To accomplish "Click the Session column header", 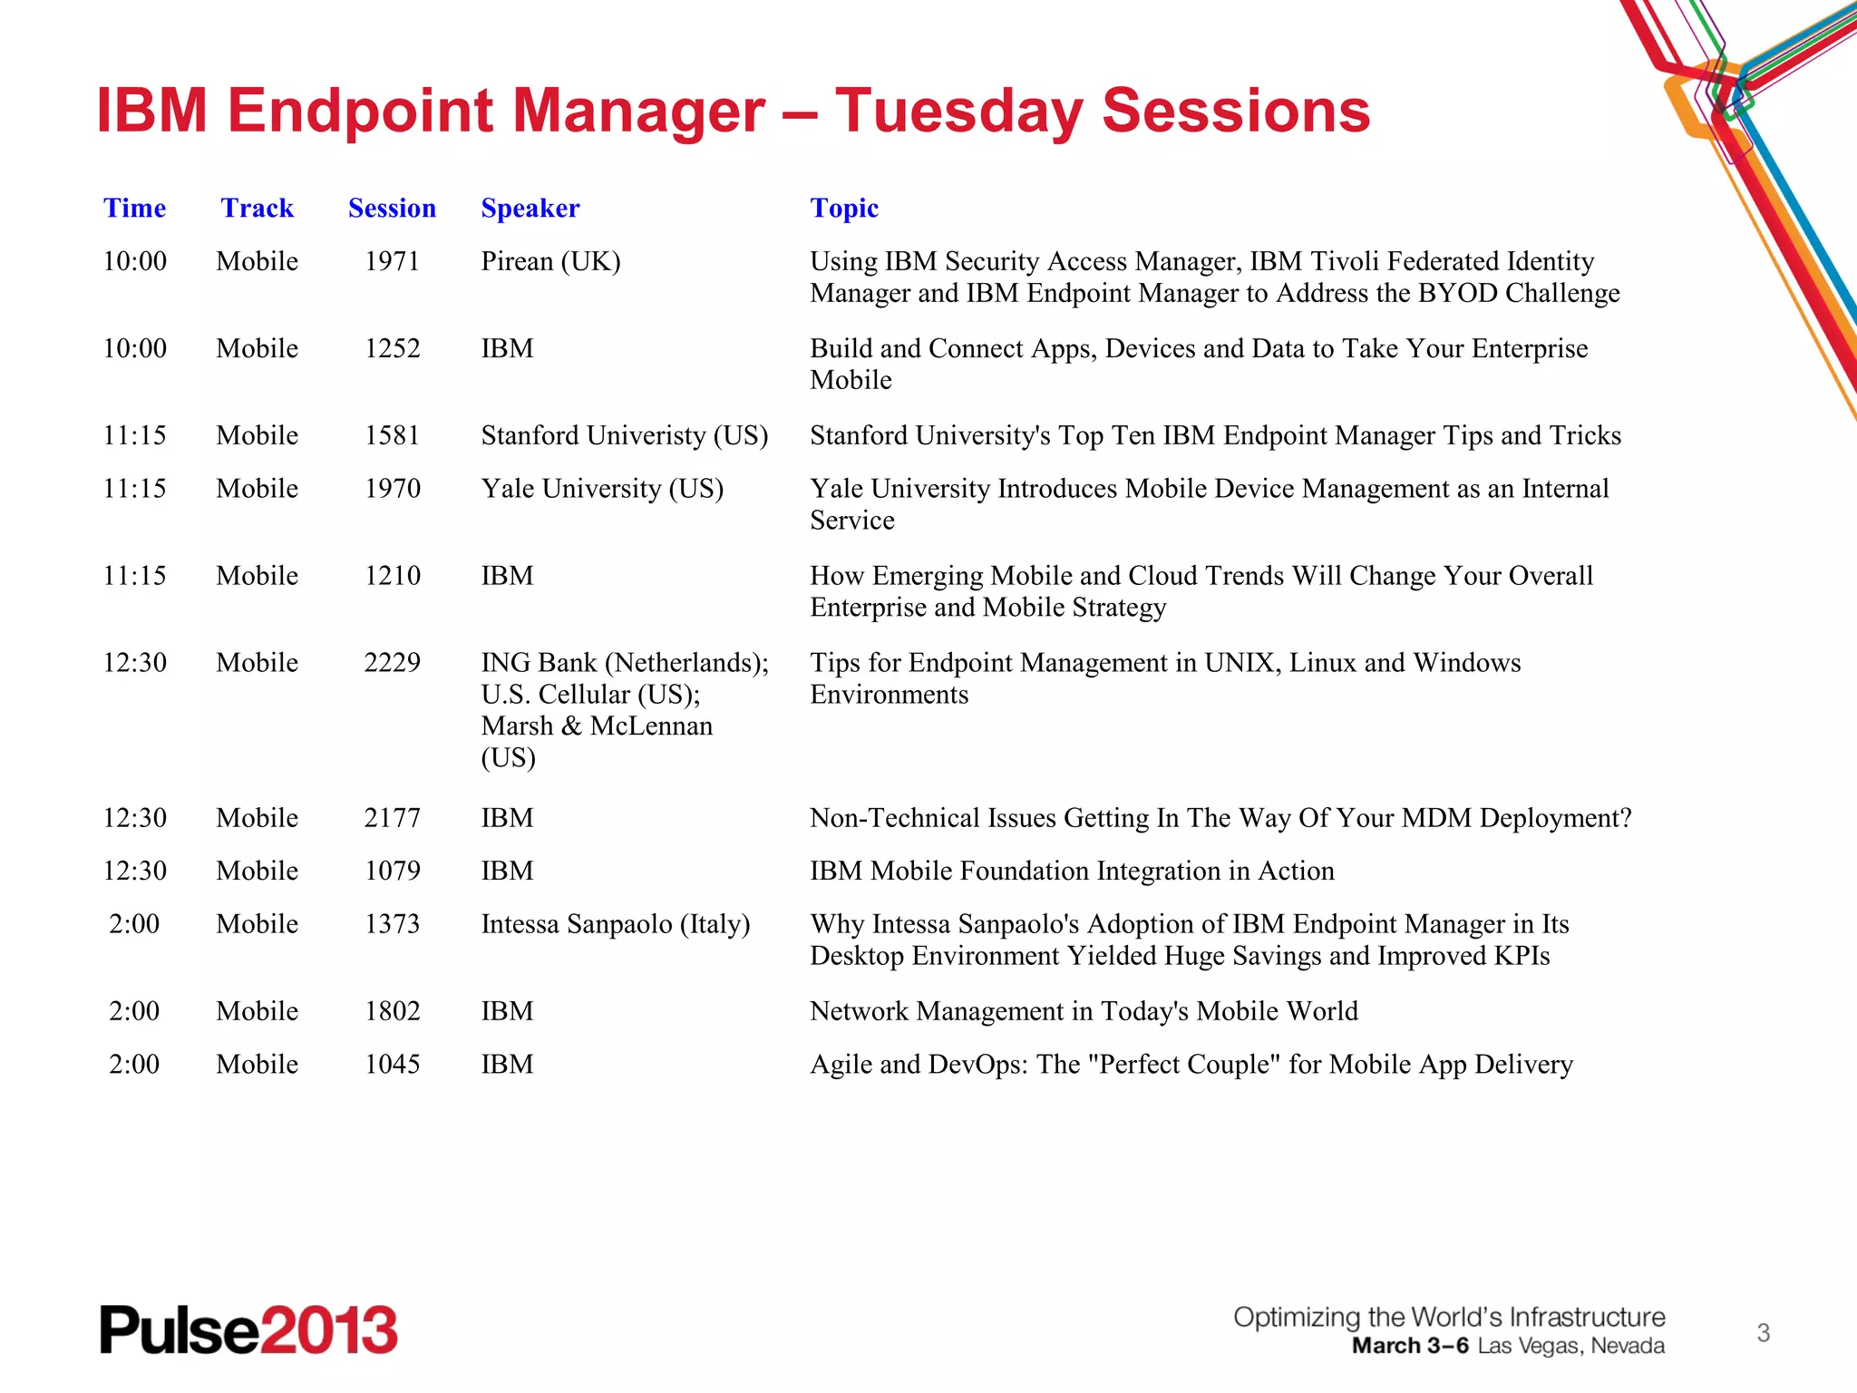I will (x=392, y=209).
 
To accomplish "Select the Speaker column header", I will (x=530, y=209).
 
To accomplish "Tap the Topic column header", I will (x=843, y=209).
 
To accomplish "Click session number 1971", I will (x=392, y=261).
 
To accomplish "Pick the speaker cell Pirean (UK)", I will (x=550, y=261).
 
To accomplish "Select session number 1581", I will (x=392, y=435).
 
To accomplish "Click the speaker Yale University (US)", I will (x=602, y=489).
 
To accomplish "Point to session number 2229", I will (x=392, y=663).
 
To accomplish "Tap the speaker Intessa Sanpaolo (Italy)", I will (x=615, y=924).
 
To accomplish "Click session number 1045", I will (x=392, y=1065).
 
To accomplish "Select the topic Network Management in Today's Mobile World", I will (x=1084, y=1011).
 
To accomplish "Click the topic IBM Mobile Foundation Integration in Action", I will (x=1072, y=871).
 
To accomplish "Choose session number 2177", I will (x=392, y=818).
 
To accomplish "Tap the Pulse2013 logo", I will (x=248, y=1330).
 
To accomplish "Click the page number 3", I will (x=1763, y=1333).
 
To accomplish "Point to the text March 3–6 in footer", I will (x=1409, y=1346).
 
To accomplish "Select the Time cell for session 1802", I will (x=134, y=1011).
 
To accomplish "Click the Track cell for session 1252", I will (x=257, y=348).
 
